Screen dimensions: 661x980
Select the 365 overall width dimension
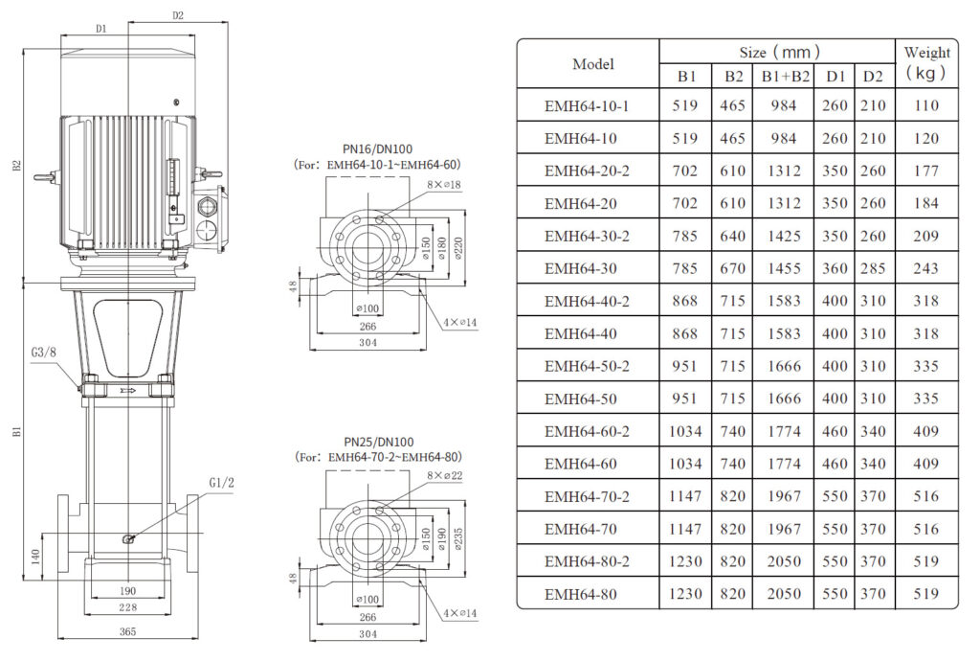pos(127,631)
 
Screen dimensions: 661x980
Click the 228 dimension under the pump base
pos(127,607)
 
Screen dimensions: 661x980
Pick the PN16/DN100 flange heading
pos(378,148)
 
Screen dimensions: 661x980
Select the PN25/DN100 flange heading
pos(378,442)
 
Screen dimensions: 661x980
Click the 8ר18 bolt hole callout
pos(444,183)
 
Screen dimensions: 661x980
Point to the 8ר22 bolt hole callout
pos(444,476)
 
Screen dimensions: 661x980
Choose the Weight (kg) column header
pos(926,63)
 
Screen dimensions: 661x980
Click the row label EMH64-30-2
pos(587,236)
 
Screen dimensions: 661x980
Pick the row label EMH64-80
pos(587,594)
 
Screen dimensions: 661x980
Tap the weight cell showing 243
pos(926,268)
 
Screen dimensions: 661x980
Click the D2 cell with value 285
pos(872,268)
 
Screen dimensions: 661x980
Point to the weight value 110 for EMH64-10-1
pos(926,105)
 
